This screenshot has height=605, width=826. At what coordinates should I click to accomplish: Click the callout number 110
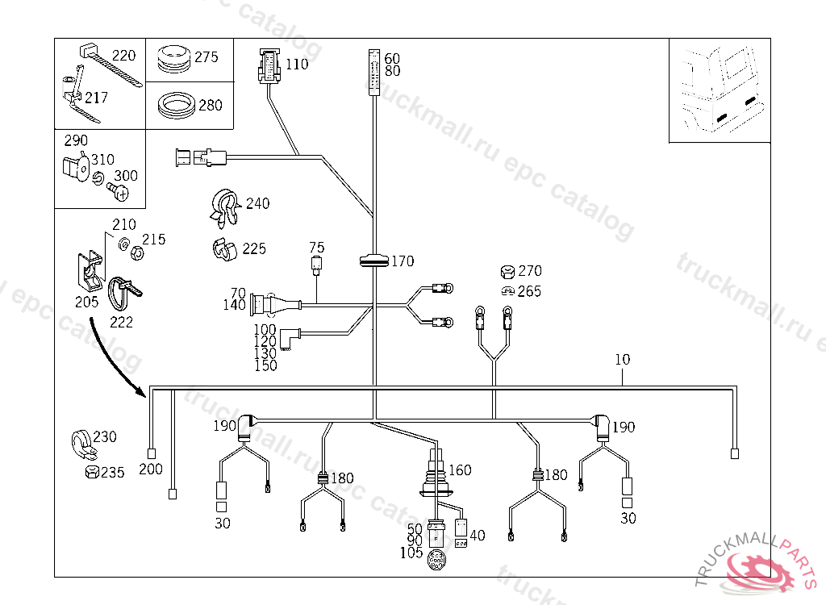[297, 64]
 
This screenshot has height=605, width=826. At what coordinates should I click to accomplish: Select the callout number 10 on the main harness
[622, 360]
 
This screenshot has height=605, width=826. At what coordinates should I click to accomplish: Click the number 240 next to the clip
[257, 203]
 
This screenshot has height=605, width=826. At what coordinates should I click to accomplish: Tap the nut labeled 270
[508, 271]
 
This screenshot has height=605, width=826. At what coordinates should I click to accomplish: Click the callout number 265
[529, 292]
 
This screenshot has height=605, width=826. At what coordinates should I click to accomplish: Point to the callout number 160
[460, 470]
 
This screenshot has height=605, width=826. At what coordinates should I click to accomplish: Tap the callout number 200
[151, 469]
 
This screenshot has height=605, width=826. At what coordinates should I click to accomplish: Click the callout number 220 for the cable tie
[123, 56]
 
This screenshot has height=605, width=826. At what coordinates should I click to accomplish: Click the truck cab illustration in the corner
[719, 89]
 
